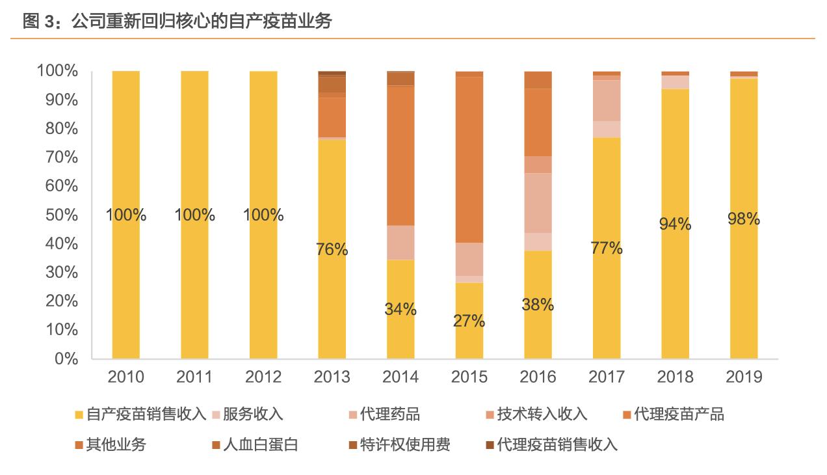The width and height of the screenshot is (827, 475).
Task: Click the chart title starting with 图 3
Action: (x=177, y=21)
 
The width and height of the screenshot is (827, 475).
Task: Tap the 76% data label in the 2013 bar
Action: (x=332, y=249)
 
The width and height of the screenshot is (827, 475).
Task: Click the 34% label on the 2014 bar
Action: (x=400, y=309)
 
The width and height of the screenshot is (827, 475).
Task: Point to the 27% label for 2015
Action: (x=469, y=321)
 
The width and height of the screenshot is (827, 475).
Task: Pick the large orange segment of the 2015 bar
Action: (x=469, y=159)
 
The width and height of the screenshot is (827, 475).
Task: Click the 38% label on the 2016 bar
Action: (x=538, y=305)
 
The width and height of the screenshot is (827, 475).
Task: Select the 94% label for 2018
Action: (x=675, y=224)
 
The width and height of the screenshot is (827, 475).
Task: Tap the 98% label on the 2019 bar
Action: (x=744, y=219)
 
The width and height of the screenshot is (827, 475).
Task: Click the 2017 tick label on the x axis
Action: (x=607, y=377)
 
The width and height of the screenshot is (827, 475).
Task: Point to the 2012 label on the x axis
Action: (x=263, y=377)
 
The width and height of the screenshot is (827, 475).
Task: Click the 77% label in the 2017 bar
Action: (x=607, y=248)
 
